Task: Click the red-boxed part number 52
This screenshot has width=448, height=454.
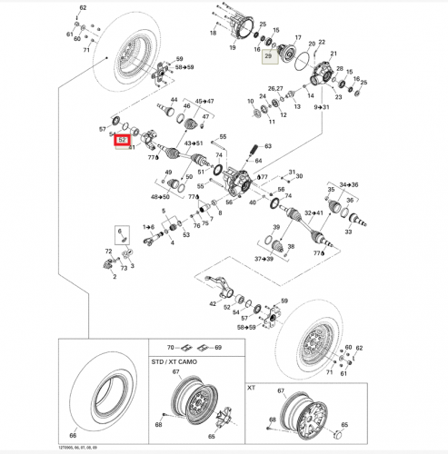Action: tap(121, 141)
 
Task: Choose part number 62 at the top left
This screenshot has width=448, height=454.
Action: tap(83, 7)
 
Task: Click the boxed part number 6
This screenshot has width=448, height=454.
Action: tap(118, 233)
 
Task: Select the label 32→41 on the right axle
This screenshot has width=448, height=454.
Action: tap(314, 213)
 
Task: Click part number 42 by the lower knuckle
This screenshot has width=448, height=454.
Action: tap(213, 303)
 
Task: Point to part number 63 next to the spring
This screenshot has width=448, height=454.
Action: tap(267, 146)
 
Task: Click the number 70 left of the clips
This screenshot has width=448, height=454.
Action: tap(169, 348)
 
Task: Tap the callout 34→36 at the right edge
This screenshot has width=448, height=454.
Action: tap(348, 184)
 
